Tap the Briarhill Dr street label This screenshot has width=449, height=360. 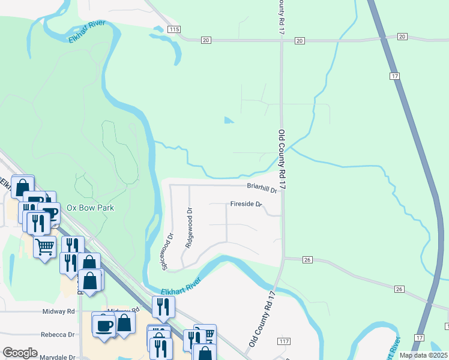tap(262, 189)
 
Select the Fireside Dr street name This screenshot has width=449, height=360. tap(247, 205)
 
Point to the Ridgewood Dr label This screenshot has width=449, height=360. tap(189, 228)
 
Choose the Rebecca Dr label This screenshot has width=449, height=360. tap(58, 334)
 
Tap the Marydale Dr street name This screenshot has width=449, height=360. tap(57, 357)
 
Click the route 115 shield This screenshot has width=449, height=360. tap(174, 29)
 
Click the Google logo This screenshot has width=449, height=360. tap(20, 353)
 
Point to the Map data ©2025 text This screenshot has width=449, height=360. tap(423, 355)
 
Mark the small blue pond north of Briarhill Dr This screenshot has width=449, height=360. tap(228, 120)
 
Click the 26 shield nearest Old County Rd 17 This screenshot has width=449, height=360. tap(307, 260)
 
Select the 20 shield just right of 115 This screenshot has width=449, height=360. tap(206, 40)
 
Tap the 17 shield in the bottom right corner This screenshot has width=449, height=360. tap(418, 339)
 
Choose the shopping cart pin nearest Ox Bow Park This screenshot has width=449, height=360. tap(45, 246)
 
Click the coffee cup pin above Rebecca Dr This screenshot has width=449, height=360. tap(103, 325)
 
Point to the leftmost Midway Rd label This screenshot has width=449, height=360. tap(59, 311)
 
